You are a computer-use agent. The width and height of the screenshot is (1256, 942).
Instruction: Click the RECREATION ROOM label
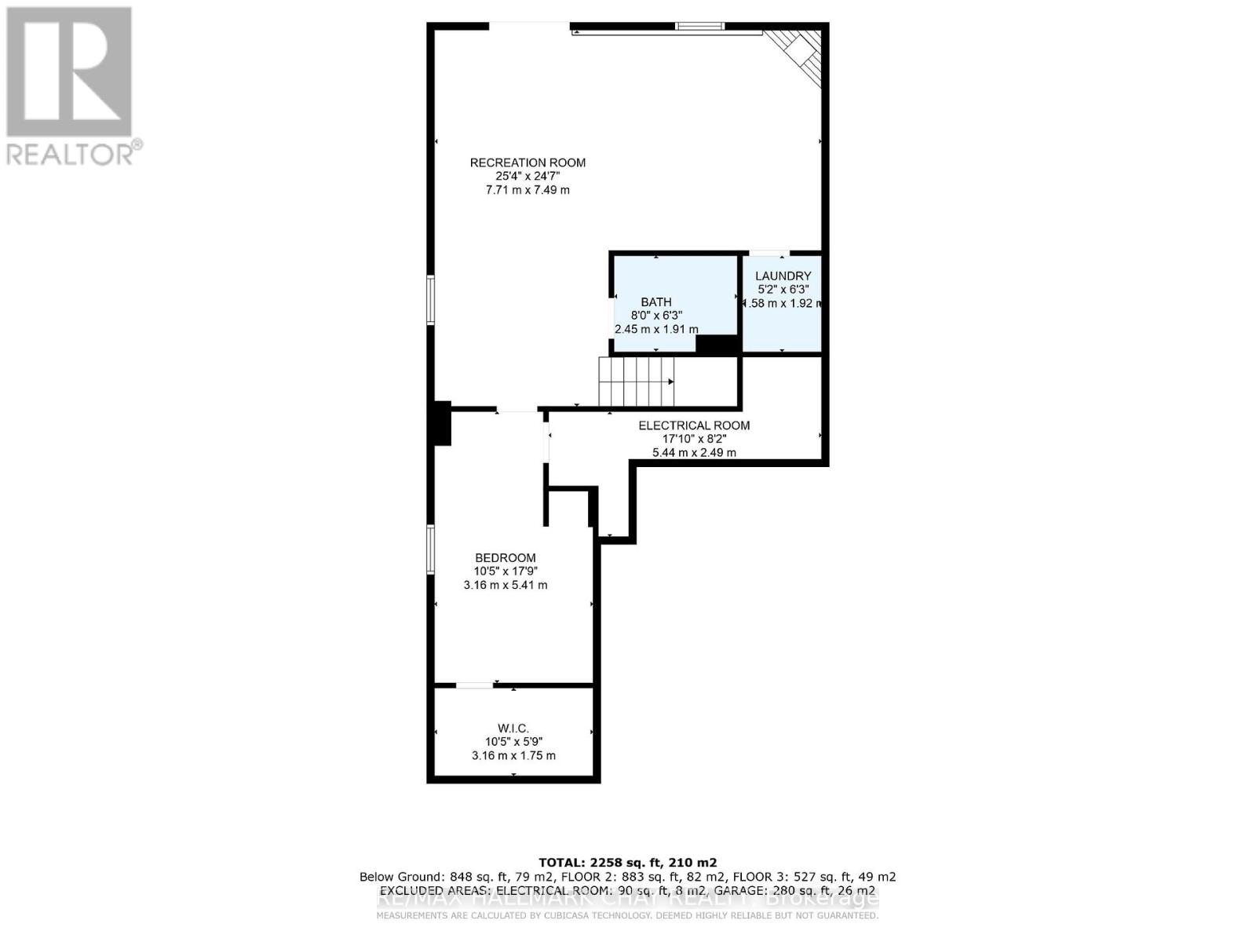528,162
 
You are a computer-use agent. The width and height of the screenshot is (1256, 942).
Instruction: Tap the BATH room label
656,301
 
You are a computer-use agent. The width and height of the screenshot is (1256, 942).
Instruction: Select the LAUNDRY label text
783,276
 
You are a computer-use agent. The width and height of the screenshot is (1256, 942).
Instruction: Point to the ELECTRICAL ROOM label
694,425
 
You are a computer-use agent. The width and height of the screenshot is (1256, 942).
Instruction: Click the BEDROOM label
506,558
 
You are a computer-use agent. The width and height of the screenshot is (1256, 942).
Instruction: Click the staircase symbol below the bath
636,382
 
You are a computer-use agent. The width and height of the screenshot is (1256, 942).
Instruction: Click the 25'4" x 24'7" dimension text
528,177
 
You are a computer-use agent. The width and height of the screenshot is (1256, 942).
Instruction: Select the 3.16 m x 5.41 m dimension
506,585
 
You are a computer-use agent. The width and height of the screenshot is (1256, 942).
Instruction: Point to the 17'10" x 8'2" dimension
694,439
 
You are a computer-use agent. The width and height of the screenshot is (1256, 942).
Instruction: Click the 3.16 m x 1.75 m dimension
513,755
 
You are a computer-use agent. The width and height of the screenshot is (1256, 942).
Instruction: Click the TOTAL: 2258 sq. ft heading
628,862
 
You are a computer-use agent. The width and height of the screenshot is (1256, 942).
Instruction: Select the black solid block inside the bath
717,345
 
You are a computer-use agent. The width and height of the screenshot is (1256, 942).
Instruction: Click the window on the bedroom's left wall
430,549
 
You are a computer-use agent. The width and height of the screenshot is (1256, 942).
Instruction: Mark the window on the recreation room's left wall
430,299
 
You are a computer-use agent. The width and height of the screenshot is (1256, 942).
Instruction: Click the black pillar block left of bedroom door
442,424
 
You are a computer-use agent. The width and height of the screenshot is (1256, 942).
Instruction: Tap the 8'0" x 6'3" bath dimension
656,316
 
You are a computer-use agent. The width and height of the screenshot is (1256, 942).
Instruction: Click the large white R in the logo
69,71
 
